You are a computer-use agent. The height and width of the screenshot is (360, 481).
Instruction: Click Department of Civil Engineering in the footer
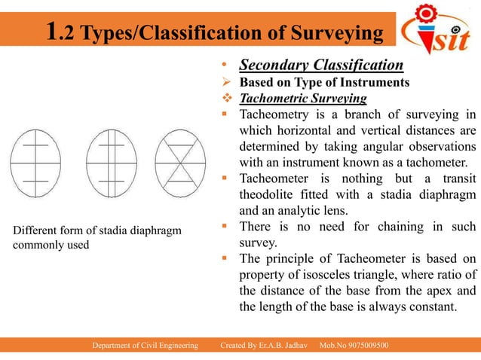145,345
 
